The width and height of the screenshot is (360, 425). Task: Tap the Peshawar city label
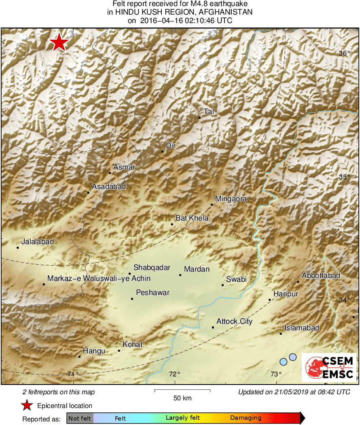click(x=153, y=293)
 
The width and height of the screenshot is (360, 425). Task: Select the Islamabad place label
click(x=302, y=328)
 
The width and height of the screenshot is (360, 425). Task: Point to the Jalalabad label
click(x=38, y=242)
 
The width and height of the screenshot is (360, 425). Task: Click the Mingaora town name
click(x=231, y=199)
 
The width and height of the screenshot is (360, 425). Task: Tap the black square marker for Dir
click(x=162, y=152)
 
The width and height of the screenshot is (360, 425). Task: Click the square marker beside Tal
click(x=199, y=118)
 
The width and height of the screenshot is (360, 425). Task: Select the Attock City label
click(x=234, y=321)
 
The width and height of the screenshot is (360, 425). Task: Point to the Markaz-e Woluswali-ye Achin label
click(x=99, y=278)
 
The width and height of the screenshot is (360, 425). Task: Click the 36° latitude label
click(x=344, y=53)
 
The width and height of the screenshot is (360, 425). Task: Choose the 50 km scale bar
click(x=182, y=391)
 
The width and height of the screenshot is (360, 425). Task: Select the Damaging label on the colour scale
click(x=246, y=418)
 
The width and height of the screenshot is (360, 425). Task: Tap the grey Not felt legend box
click(x=80, y=418)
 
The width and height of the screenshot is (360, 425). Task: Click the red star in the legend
click(x=27, y=406)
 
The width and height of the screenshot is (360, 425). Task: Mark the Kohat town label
click(x=133, y=344)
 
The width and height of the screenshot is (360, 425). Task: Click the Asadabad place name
click(x=109, y=187)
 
